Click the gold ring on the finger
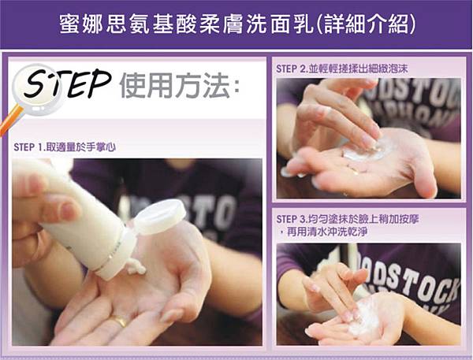119,321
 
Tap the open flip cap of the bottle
159,217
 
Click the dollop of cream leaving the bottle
136,266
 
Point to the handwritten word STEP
67,84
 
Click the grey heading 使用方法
174,85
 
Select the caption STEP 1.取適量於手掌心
65,147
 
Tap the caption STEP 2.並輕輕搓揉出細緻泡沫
342,69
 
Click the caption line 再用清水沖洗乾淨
327,232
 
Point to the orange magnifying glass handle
10,121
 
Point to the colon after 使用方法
236,87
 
